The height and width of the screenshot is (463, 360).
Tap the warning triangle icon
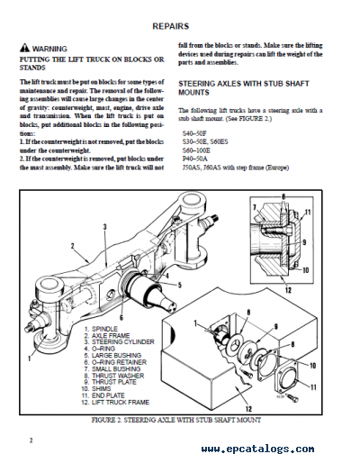click(x=23, y=47)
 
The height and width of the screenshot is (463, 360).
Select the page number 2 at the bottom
click(x=29, y=440)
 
